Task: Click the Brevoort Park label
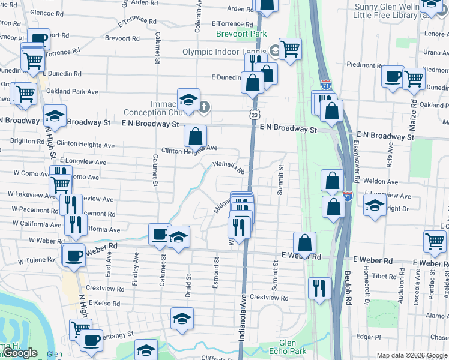coord(243,34)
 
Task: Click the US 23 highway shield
coord(254,114)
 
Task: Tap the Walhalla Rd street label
coord(229,167)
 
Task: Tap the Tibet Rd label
coord(384,277)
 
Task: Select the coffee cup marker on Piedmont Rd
coord(393,77)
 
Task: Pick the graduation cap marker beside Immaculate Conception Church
coord(188,99)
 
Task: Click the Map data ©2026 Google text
coord(412,355)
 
